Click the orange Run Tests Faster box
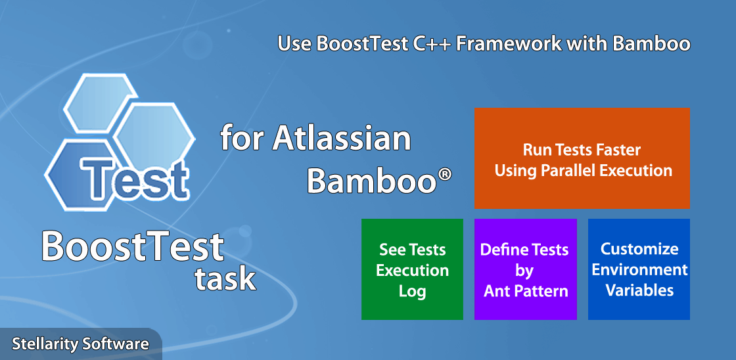point(582,158)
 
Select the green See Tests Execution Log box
point(412,269)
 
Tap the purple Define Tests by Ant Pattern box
point(526,269)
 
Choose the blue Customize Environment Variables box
point(639,269)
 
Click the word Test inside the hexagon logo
point(134,178)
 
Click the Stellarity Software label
point(80,344)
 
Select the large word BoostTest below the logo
point(133,246)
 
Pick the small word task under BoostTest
point(225,279)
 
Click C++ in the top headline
point(433,43)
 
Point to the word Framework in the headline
point(509,43)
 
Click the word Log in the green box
point(412,292)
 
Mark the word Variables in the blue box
point(639,290)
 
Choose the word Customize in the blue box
point(639,249)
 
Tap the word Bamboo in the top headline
point(651,43)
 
